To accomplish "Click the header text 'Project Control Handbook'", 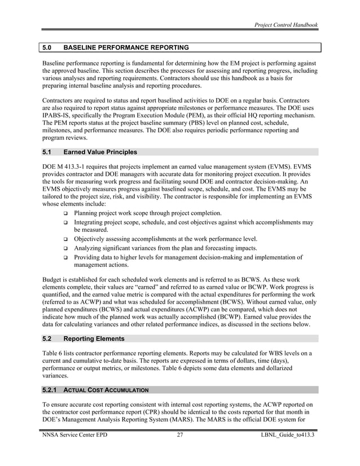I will click(286, 25).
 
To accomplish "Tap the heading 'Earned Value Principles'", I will click(100, 152).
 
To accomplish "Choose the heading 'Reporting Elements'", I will click(94, 338).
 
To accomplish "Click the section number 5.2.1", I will click(50, 390).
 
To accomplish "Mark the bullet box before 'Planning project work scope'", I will click(66, 214).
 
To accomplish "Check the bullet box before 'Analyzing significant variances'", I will click(66, 248).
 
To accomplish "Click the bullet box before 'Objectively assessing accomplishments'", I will click(66, 239).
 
